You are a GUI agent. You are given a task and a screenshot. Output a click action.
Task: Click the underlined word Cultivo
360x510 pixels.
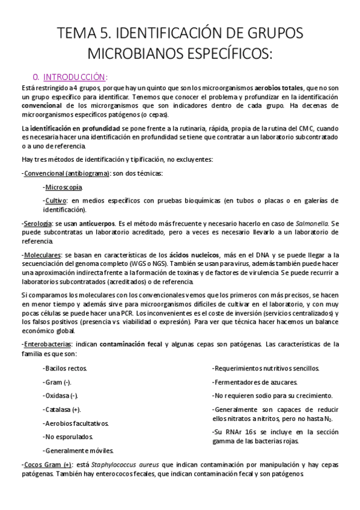(55, 200)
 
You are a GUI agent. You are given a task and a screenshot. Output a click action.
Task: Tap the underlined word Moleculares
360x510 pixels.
(42, 255)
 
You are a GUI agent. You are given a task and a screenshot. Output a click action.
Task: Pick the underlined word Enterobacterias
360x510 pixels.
(47, 344)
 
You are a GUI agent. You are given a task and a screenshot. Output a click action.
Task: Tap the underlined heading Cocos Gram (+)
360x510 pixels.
(47, 464)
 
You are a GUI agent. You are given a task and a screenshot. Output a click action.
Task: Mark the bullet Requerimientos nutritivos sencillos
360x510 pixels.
(266, 368)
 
